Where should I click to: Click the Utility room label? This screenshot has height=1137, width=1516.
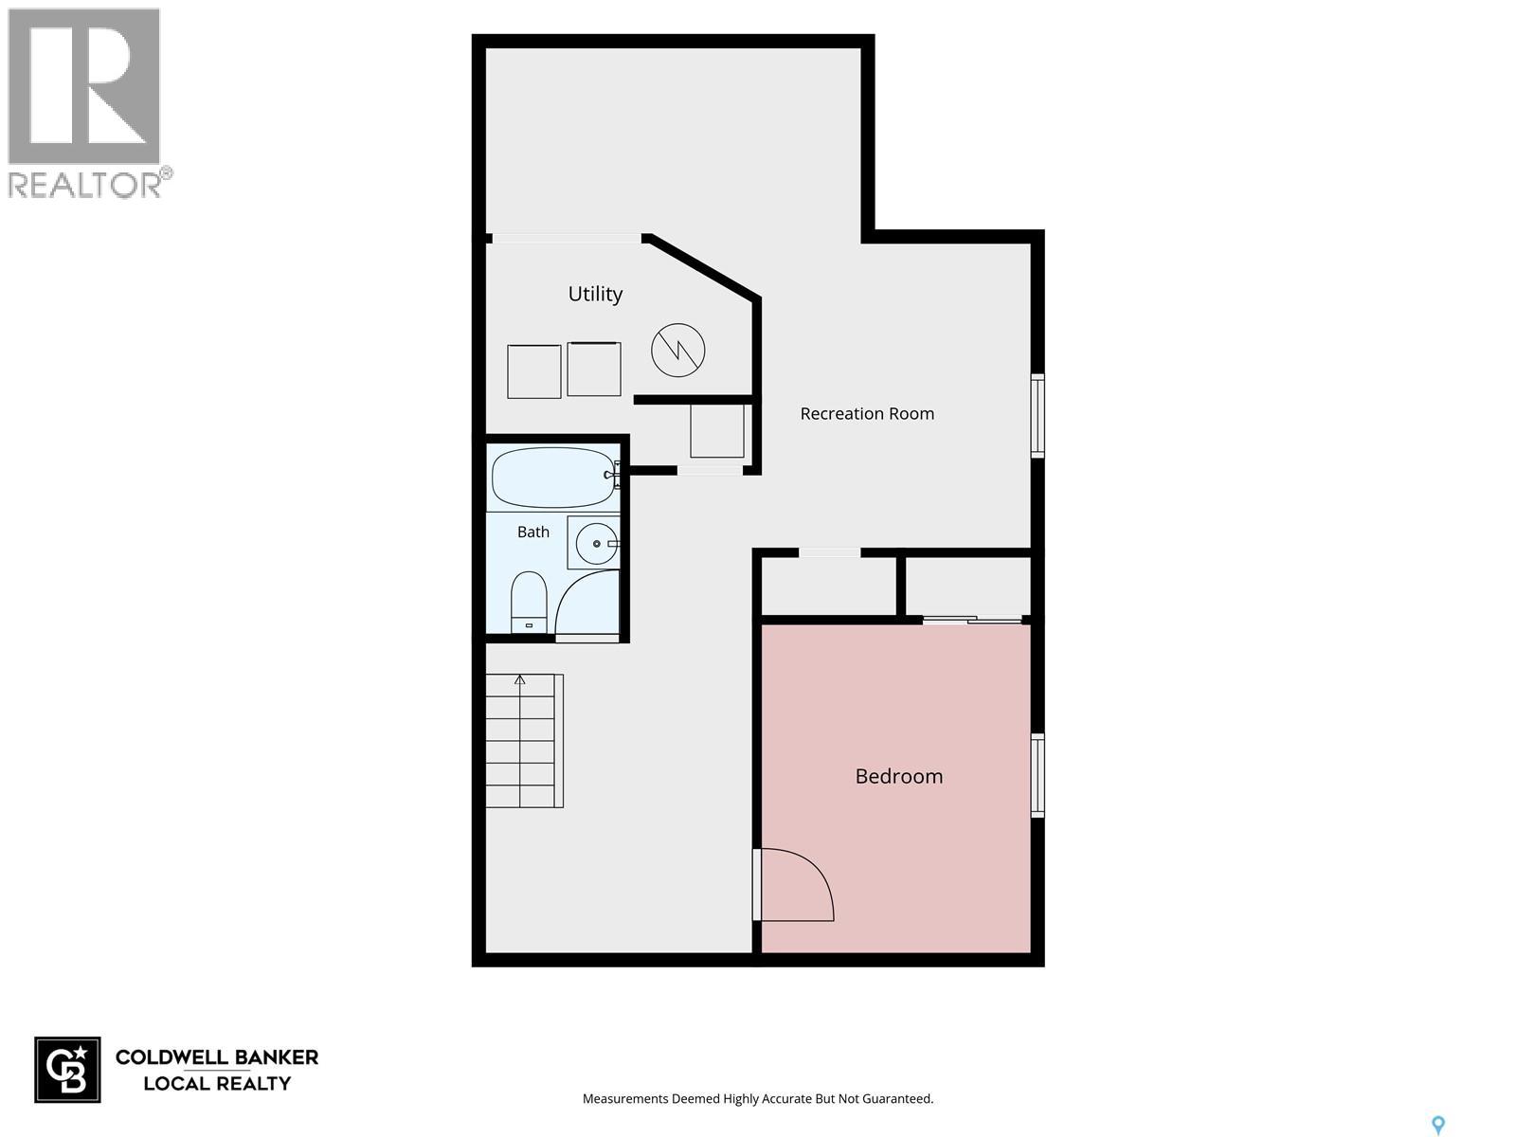(595, 294)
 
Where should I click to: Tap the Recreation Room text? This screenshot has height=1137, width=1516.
(867, 413)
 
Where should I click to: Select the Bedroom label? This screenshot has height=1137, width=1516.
(898, 776)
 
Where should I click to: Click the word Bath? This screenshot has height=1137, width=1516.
(533, 532)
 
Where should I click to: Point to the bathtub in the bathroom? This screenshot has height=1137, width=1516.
(553, 478)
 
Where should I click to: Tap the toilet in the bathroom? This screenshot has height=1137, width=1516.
(529, 602)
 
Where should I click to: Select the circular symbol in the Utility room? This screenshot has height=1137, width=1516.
(677, 350)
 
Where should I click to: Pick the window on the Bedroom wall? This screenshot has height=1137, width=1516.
(1037, 775)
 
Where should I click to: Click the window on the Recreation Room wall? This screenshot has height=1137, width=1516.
(1037, 416)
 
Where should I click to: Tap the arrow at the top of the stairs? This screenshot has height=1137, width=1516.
(519, 680)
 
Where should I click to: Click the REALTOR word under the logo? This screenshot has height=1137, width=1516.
(84, 185)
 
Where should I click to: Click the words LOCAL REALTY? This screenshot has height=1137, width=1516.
(217, 1084)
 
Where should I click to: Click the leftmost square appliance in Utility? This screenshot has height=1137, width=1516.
(533, 371)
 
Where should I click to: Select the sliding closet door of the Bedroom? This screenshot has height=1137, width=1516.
(972, 621)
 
